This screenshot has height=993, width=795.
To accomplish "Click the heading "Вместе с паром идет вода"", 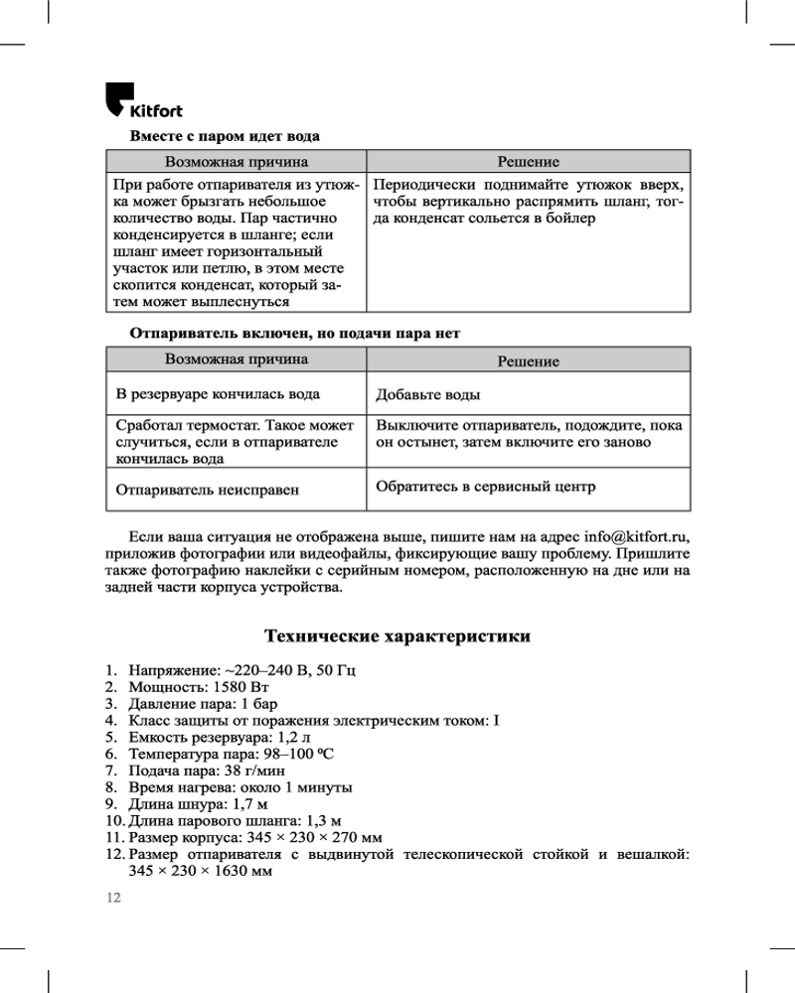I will pos(225,134).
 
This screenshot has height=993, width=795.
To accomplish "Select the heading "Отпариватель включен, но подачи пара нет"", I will pos(295,333).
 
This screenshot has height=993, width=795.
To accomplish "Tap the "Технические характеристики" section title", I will pos(397,636).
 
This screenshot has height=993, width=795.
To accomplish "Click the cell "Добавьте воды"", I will pos(428,395).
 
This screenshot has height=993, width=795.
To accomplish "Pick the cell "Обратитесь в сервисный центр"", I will pos(485,487).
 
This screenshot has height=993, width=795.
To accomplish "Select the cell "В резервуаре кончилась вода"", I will pos(218,394).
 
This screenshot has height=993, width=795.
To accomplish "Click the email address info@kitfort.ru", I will pos(636,536).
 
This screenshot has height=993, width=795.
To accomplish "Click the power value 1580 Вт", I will pos(241,687).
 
